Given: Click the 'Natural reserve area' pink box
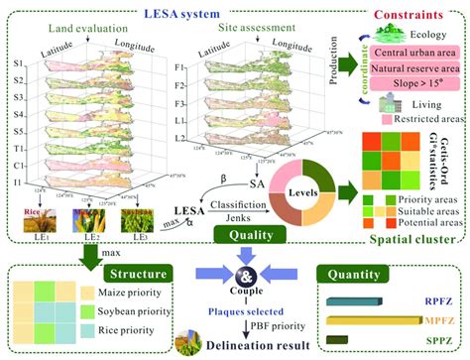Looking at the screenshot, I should click(408, 71).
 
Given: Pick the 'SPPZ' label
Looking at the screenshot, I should click(433, 343).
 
